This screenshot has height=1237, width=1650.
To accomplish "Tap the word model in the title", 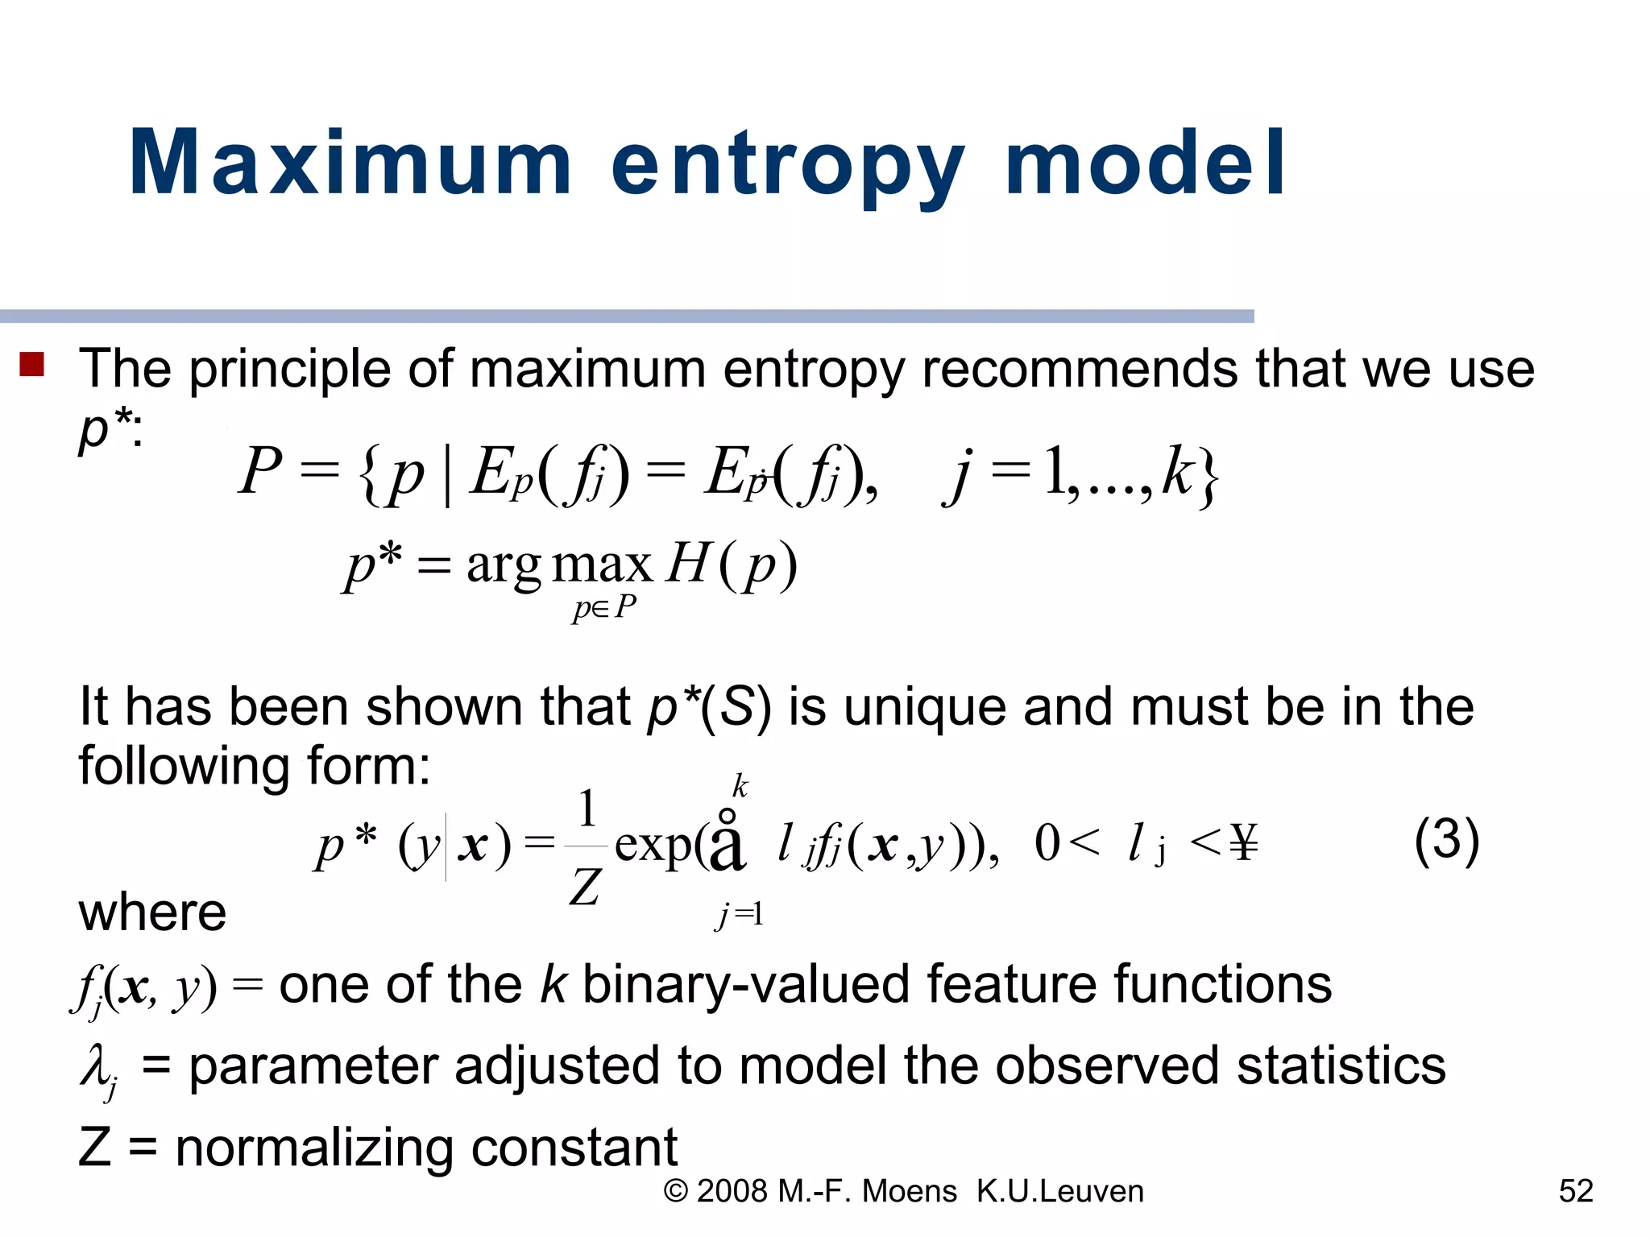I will coord(1145,163).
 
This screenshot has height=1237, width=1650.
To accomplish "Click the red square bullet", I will coord(31,365).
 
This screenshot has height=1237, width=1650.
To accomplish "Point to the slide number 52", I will coord(1576,1191).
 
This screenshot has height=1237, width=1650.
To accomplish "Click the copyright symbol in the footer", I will coord(675,1192).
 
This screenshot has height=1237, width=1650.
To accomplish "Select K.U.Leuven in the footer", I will coord(1059,1191).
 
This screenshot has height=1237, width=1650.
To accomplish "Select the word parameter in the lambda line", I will coord(313,1066).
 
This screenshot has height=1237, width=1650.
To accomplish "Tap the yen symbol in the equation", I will coord(1244,844).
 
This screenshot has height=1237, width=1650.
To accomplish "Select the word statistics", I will coord(1341,1066).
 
